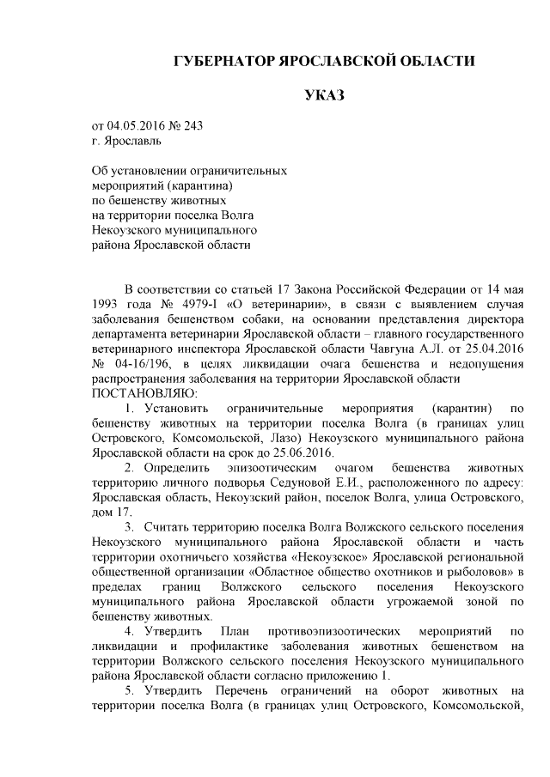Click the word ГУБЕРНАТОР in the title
tap(223, 62)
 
